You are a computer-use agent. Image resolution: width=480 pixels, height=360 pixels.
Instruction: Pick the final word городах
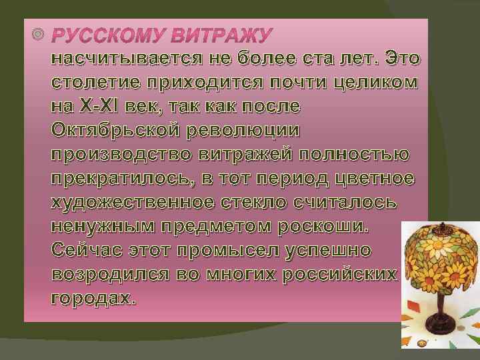93,299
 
